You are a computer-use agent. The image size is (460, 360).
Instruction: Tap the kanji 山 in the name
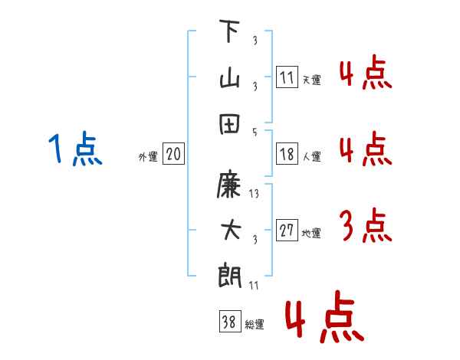point(229,77)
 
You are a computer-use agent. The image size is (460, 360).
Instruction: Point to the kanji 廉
point(229,185)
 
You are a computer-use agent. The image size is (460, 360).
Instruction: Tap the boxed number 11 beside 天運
point(287,77)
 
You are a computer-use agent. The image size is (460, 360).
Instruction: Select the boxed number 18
point(287,154)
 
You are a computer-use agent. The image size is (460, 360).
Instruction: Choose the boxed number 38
point(229,322)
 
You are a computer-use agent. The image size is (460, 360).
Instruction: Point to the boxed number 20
point(173,155)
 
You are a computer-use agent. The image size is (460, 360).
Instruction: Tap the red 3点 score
point(365,227)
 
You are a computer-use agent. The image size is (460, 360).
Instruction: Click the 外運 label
point(148,157)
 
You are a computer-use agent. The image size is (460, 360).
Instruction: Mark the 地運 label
point(311,234)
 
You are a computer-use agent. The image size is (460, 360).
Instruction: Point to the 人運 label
point(311,157)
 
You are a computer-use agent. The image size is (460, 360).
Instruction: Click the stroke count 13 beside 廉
point(255,195)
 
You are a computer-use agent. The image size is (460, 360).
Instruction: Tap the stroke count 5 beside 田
point(255,131)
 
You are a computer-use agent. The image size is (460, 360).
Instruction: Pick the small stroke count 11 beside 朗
point(255,285)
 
